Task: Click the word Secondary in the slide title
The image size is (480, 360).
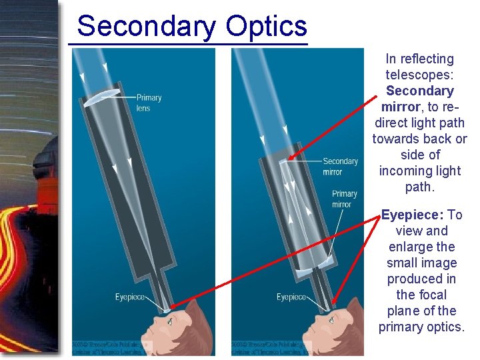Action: coord(146,27)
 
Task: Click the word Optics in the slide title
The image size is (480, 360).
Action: coord(266,27)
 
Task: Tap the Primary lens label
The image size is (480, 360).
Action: coord(149,103)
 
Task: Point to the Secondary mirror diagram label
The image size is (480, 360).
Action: coord(340,167)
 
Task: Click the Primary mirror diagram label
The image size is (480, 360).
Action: coord(345,199)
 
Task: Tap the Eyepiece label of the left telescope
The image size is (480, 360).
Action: coord(131,297)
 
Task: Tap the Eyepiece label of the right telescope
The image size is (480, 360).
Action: coord(291,297)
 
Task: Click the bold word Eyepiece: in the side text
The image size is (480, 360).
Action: coord(412,215)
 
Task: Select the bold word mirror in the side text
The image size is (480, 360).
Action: coord(401,107)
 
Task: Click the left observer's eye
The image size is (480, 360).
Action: coord(170,321)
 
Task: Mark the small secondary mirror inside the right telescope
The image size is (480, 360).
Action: coord(283,161)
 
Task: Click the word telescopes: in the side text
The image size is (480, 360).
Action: coord(419,75)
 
